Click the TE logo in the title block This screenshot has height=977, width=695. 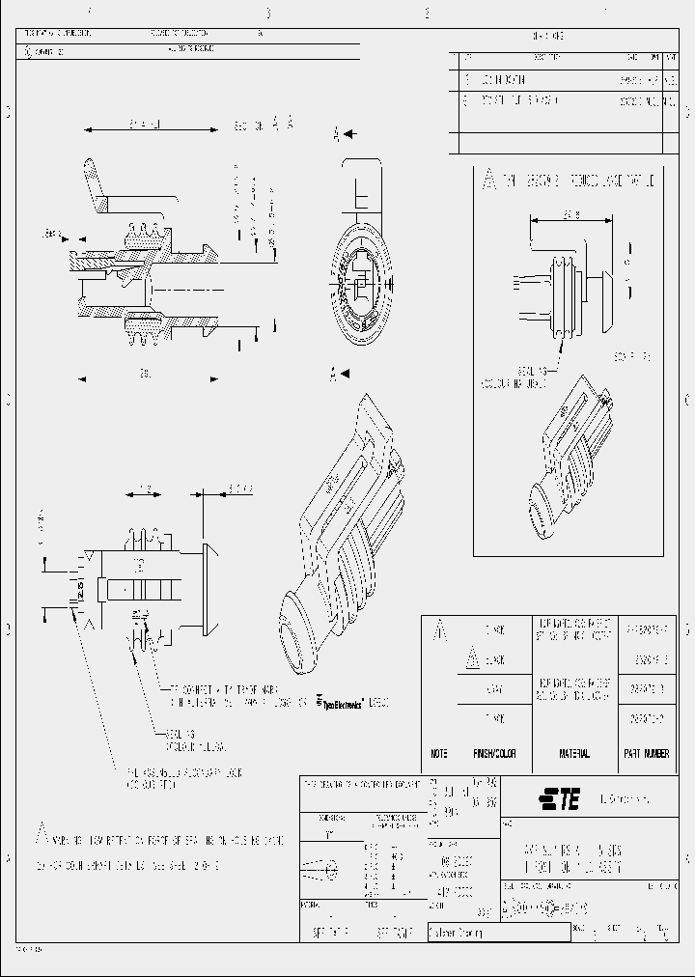point(559,797)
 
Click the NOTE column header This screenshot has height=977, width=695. point(438,753)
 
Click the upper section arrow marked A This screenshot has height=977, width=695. point(342,136)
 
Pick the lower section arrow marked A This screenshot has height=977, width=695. point(341,374)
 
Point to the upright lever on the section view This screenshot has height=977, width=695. point(99,188)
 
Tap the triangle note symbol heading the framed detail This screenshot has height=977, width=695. point(490,181)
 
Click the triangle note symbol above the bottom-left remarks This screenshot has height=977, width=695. point(42,830)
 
